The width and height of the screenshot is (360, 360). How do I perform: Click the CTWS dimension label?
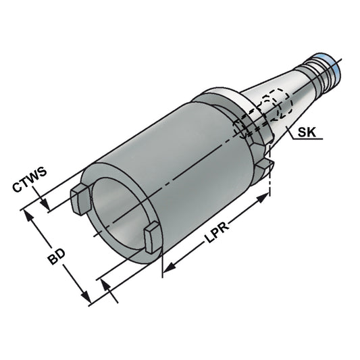[30, 180]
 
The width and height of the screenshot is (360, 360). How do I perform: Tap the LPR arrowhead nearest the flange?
[264, 197]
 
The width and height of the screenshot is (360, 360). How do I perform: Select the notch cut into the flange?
[264, 165]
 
